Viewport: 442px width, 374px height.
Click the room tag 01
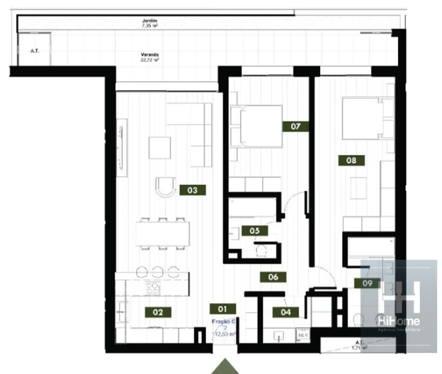[x=223, y=309]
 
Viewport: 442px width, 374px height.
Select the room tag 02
[x=158, y=312]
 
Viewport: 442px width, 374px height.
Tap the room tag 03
[x=192, y=190]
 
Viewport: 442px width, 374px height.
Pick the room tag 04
[x=285, y=312]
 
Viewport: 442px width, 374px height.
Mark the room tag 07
[x=296, y=126]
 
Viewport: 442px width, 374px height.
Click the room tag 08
[x=351, y=161]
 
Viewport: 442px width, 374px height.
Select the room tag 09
[x=367, y=284]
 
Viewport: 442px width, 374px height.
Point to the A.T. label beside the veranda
[x=34, y=51]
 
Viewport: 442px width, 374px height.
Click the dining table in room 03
[x=163, y=234]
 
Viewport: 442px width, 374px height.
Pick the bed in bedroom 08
[x=368, y=118]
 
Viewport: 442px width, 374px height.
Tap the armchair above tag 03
[x=166, y=186]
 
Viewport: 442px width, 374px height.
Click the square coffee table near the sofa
[x=159, y=148]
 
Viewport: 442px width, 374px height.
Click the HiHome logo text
[x=398, y=320]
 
